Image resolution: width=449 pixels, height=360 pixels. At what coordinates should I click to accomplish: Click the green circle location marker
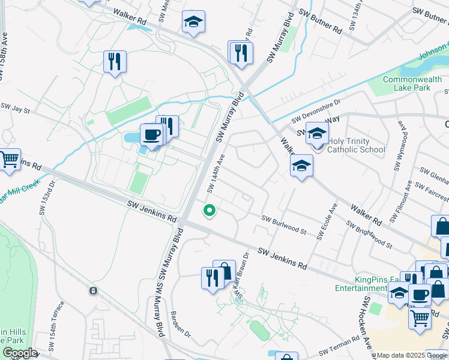(x=209, y=210)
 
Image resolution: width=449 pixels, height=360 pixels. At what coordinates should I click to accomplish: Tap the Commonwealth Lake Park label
(x=408, y=83)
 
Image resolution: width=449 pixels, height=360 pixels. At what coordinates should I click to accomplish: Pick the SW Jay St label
(x=15, y=108)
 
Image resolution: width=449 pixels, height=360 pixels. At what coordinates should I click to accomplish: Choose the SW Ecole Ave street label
(x=327, y=222)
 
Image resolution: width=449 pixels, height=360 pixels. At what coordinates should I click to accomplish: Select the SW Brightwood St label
(x=369, y=235)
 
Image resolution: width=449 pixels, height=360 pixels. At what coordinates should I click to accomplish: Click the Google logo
(x=19, y=353)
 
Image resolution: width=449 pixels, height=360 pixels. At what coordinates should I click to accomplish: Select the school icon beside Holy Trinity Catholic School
(x=317, y=134)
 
